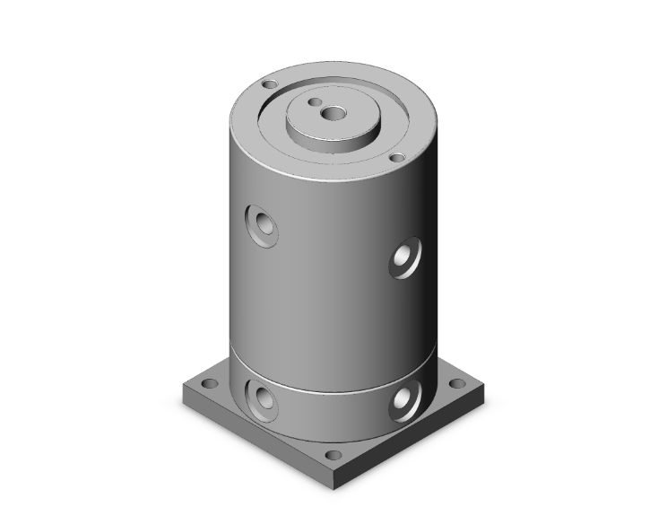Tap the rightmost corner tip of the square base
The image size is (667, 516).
(x=487, y=385)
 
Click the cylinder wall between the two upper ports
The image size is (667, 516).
(x=332, y=260)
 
